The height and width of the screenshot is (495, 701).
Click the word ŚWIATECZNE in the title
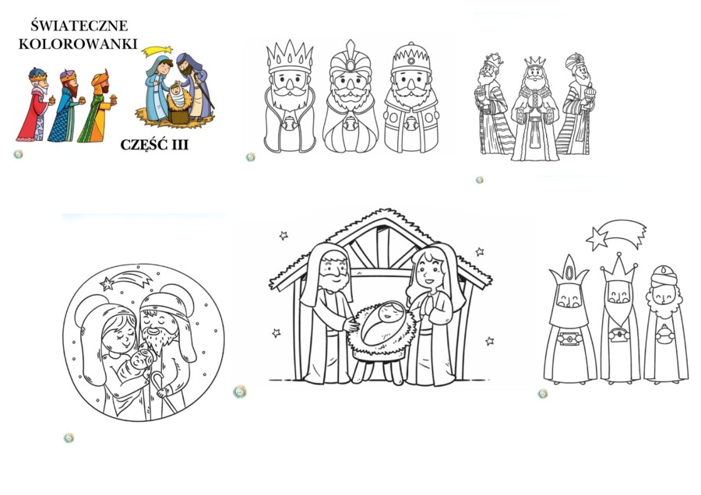[79, 26]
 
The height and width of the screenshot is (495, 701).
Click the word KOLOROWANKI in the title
[78, 44]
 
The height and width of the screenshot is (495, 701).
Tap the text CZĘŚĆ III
[154, 145]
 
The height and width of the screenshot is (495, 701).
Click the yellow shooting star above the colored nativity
[157, 51]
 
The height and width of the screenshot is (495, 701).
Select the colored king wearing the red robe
[36, 105]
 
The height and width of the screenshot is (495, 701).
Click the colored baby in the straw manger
[178, 96]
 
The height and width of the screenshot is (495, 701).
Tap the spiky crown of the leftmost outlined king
[290, 57]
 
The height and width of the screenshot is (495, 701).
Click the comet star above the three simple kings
[615, 233]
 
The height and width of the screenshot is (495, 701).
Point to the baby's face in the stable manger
[389, 311]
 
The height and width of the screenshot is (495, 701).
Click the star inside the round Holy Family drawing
[107, 283]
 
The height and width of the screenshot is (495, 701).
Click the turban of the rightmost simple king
[664, 276]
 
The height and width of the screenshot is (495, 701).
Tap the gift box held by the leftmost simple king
[570, 339]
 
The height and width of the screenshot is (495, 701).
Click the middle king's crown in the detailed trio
[534, 61]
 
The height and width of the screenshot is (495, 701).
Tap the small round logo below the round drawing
[69, 438]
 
